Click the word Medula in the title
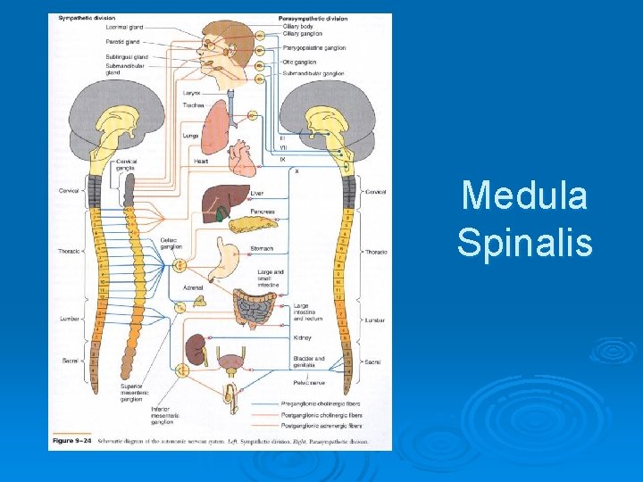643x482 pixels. pos(524,195)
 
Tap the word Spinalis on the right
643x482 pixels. pos(524,241)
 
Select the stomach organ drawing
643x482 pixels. pos(230,254)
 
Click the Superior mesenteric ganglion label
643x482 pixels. pos(133,394)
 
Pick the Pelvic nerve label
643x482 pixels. pos(308,382)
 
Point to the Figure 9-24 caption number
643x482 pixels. pos(71,440)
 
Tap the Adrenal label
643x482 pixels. pos(192,287)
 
